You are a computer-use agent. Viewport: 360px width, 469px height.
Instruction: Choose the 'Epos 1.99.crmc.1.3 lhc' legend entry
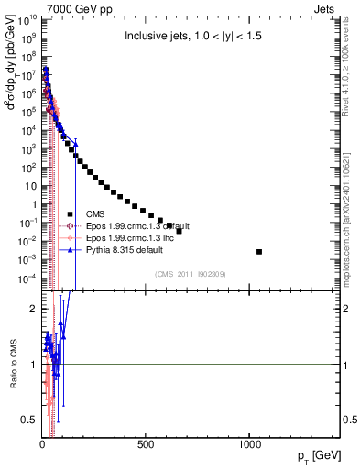(x=133, y=237)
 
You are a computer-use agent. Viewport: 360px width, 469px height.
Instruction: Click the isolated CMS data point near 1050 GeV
(x=259, y=251)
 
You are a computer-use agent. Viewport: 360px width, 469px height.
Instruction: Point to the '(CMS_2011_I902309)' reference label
(x=191, y=274)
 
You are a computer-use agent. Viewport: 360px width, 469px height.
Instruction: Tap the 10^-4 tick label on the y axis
(x=27, y=278)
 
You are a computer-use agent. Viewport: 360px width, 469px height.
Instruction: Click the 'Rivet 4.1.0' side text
(x=352, y=69)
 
